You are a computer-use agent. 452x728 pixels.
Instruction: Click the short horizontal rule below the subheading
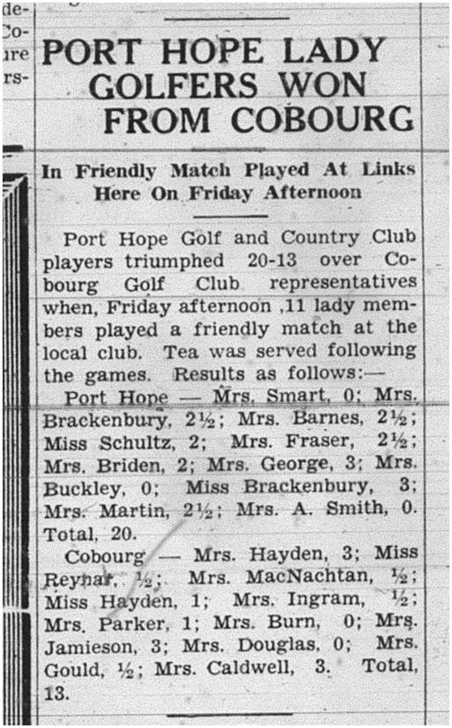point(230,216)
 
